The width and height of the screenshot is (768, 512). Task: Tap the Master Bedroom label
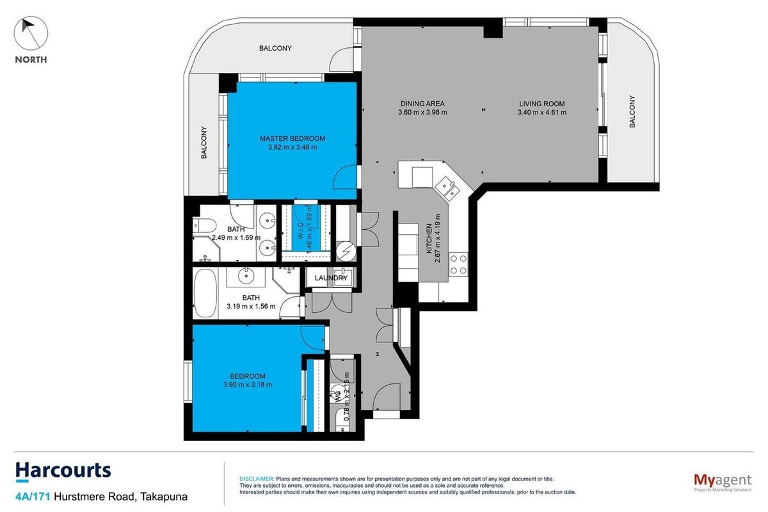[292, 138]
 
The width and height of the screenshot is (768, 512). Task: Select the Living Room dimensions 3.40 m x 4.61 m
[542, 113]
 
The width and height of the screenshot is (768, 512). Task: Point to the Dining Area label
[422, 104]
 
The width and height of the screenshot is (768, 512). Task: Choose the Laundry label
[332, 278]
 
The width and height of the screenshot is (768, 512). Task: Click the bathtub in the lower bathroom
[205, 294]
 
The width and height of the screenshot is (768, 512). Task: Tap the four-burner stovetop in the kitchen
[458, 264]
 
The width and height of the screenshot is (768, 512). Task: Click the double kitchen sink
[447, 188]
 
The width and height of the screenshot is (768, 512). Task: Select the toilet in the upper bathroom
[204, 225]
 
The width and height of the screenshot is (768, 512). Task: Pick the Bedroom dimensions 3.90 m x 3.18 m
[248, 385]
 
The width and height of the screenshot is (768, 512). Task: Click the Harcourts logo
[63, 471]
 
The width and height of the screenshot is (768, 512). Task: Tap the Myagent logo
[723, 482]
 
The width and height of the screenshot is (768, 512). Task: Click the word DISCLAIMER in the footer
[257, 479]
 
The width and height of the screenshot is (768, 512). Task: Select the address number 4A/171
[33, 497]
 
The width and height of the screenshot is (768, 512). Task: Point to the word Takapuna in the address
[164, 497]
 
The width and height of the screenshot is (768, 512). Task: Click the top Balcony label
[275, 49]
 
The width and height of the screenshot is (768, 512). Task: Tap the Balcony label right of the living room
[632, 111]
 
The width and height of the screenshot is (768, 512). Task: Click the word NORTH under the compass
[31, 60]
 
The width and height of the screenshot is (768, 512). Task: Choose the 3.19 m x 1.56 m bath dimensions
[251, 306]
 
